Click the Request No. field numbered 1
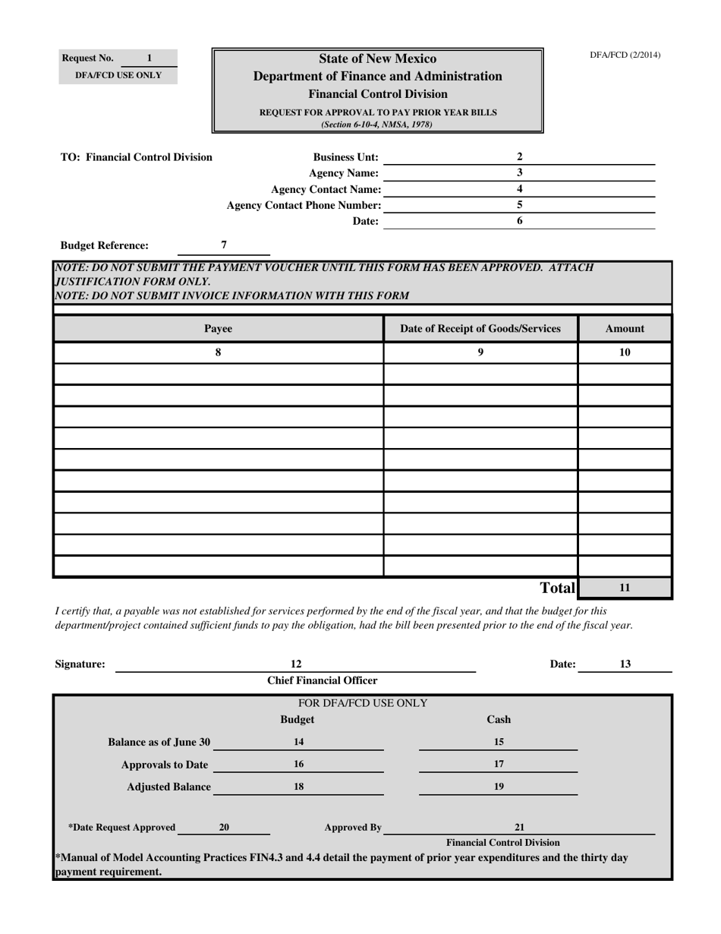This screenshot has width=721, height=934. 149,58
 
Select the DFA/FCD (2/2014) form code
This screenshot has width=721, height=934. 625,55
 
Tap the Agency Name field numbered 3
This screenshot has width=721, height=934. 519,173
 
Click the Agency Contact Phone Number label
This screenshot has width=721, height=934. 304,205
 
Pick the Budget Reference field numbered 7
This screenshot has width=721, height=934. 224,245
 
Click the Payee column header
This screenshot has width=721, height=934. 219,329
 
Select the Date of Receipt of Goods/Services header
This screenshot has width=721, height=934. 480,329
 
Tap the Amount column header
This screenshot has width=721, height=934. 625,329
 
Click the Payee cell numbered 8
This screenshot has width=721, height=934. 219,353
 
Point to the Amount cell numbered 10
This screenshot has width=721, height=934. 625,353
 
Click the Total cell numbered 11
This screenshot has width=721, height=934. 625,588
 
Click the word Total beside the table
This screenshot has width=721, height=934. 557,588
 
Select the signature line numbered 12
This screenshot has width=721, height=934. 296,664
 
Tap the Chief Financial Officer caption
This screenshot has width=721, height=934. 323,681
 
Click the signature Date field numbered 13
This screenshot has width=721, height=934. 625,664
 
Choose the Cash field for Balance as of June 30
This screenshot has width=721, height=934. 499,743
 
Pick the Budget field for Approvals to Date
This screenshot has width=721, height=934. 299,765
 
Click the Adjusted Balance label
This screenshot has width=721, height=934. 168,787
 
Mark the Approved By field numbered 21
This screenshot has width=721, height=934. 520,828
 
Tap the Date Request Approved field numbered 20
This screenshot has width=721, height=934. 224,828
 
